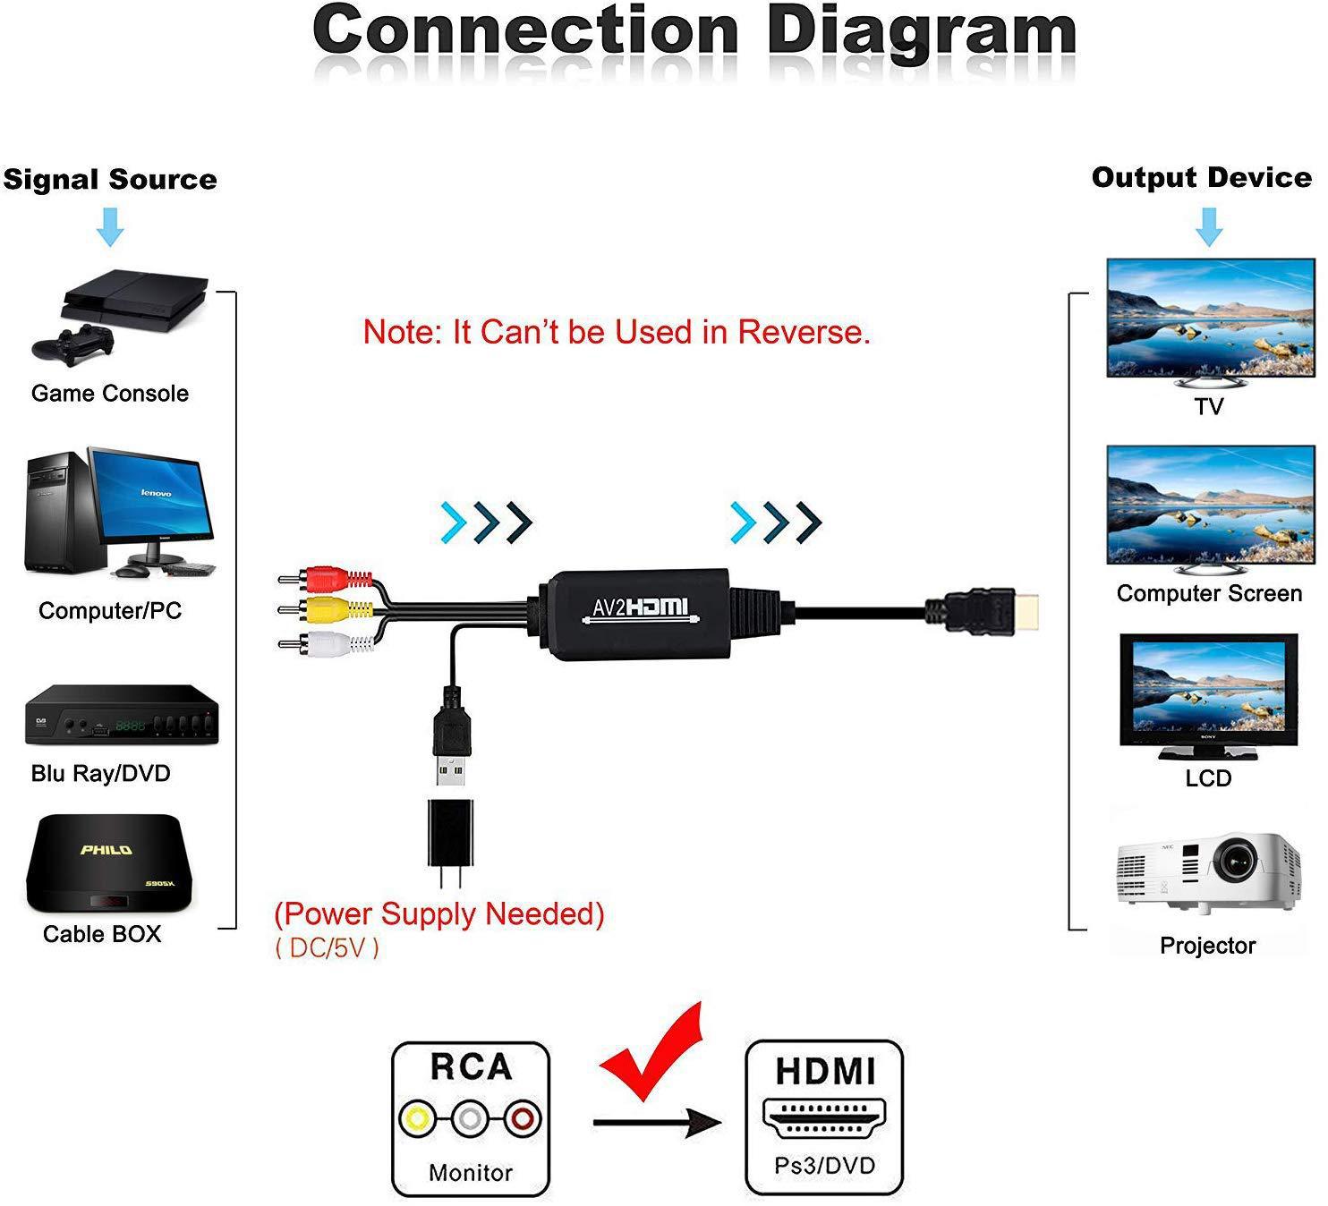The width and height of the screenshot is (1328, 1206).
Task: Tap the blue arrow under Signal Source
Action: point(110,227)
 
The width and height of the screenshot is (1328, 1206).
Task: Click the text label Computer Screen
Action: point(1208,593)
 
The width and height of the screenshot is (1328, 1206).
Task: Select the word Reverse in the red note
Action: point(803,332)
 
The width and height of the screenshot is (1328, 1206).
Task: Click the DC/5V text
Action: point(328,948)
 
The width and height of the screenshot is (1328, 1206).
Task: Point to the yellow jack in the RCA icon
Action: point(415,1117)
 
